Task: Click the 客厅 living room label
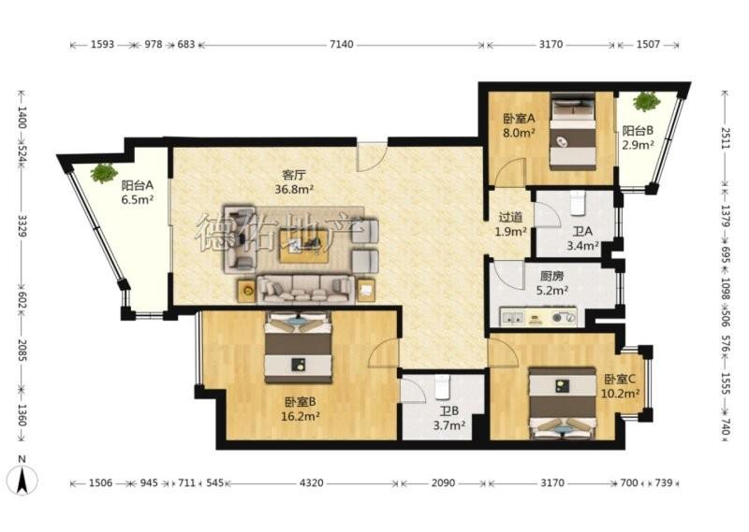294,175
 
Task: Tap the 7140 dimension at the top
342,44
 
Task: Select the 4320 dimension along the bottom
311,482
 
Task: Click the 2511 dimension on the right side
726,138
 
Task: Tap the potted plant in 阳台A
104,173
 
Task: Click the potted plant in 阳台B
646,102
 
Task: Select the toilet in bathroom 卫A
578,203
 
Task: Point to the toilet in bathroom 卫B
442,387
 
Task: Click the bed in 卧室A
573,131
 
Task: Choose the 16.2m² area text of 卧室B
300,416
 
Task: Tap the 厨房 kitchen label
551,276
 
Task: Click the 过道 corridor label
510,218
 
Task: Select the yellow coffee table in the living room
304,246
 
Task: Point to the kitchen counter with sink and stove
537,317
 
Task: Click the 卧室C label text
620,380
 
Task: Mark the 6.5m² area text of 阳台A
137,199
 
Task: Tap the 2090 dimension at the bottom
443,482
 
